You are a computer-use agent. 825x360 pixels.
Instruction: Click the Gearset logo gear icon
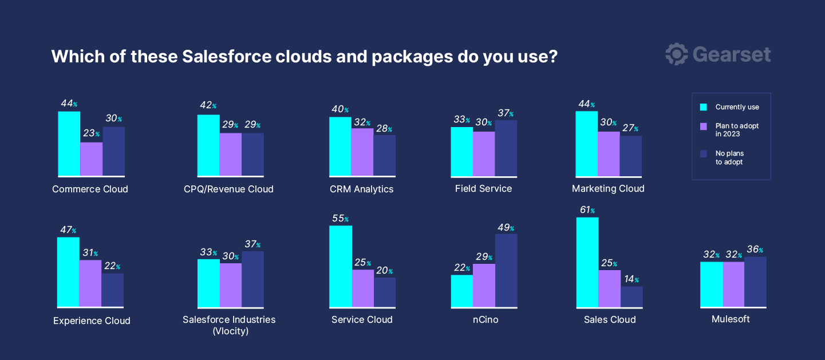click(x=676, y=54)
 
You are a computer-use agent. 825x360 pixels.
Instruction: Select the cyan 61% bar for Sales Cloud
click(x=587, y=263)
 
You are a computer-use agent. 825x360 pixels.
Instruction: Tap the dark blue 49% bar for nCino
click(x=506, y=271)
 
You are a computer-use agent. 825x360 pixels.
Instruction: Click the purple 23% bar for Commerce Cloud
click(x=91, y=159)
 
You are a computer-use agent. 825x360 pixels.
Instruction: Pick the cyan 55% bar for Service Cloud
click(x=341, y=267)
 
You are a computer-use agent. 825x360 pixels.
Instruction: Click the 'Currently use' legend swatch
click(x=704, y=107)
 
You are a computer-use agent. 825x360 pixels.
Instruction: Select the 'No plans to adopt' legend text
click(x=729, y=158)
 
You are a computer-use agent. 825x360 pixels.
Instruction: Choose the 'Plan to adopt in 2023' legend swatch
click(x=704, y=126)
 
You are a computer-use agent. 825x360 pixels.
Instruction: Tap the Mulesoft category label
click(x=731, y=319)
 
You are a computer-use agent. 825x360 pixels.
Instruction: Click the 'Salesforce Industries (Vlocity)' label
click(x=229, y=325)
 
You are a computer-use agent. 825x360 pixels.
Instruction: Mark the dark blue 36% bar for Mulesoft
click(x=755, y=282)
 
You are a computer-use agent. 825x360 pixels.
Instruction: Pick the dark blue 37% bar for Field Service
click(x=506, y=148)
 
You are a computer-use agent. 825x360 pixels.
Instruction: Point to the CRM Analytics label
click(x=361, y=189)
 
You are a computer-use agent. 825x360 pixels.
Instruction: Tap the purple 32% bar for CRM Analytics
click(x=362, y=152)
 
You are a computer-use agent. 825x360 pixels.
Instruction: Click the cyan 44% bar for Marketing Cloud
click(x=586, y=143)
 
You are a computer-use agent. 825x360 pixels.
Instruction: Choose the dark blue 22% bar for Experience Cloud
click(x=113, y=290)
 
